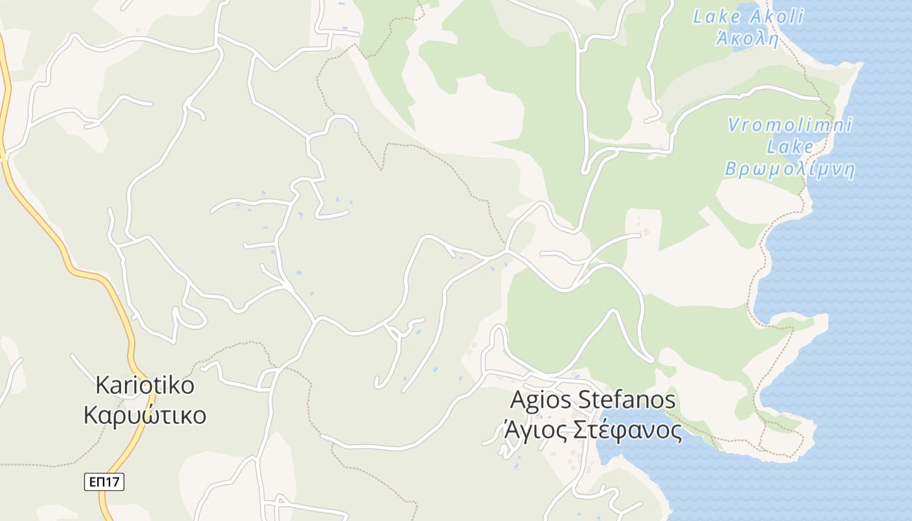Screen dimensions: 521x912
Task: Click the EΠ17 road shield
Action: tap(104, 482)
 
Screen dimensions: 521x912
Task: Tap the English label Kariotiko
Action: tap(145, 385)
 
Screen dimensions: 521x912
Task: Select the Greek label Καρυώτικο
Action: tap(145, 415)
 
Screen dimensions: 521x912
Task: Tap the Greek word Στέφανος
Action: tap(626, 430)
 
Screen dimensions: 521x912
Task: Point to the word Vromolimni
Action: tap(790, 125)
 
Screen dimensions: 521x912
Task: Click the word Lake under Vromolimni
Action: tap(790, 147)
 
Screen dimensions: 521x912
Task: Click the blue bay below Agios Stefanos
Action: tap(651, 456)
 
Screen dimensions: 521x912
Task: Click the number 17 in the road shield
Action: tap(112, 482)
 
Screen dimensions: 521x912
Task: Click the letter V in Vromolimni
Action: tap(734, 125)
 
